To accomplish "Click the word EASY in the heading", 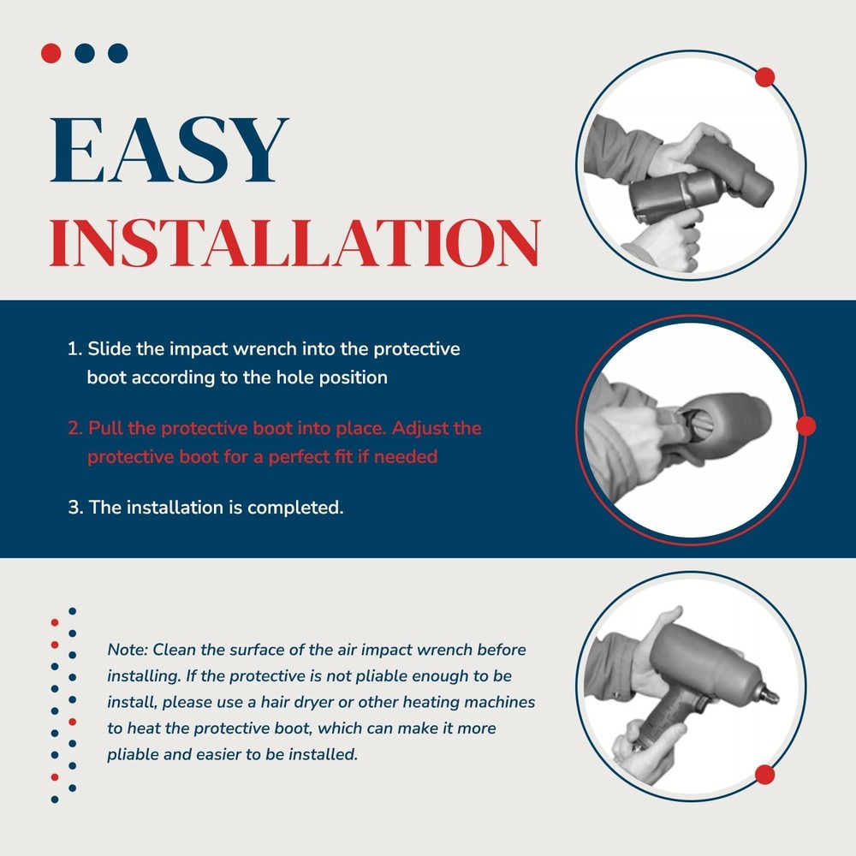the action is coord(169,150).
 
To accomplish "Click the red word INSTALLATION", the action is coord(294,243).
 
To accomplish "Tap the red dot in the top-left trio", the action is coord(51,53).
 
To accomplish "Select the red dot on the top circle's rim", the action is coord(764,77).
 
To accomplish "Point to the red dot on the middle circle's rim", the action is coord(806,425).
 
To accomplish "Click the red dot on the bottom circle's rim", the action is coord(764,775).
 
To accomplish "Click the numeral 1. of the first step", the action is coord(74,349).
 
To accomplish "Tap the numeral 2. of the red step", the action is coord(75,428).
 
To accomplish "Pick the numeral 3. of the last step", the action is coord(75,507).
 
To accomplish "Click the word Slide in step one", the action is coord(110,348).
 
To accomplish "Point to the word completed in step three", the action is coord(295,508).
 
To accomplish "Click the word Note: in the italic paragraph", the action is coord(128,650).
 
